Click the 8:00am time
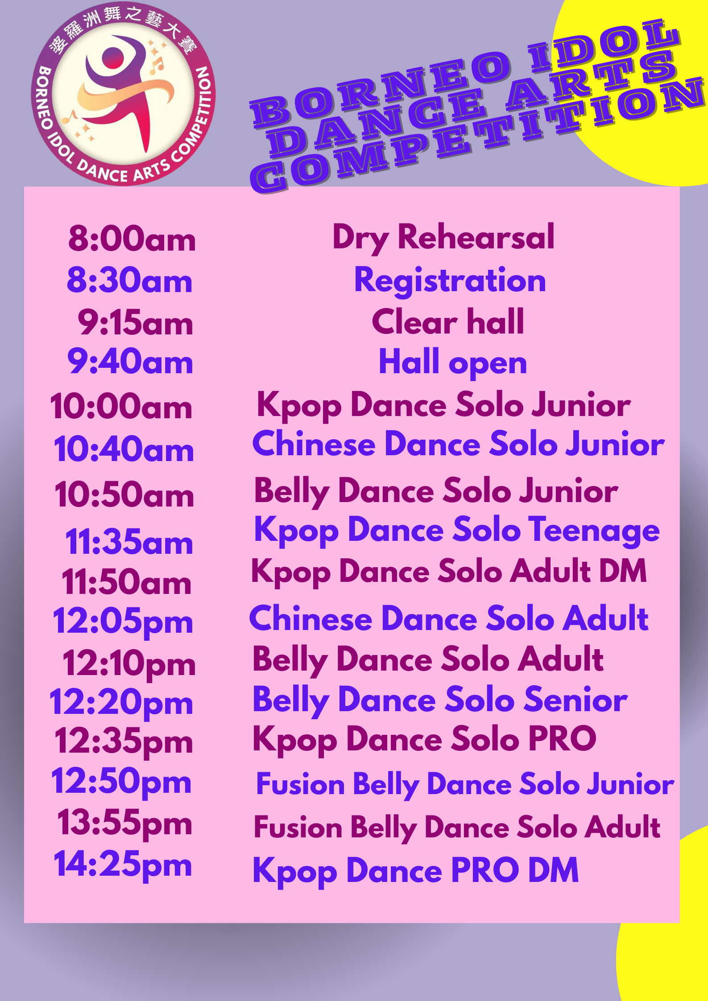coord(132,238)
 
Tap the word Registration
coord(450,281)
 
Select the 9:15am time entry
coord(136,322)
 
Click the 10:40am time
coord(124,449)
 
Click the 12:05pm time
coord(123,621)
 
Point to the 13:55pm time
coord(125,823)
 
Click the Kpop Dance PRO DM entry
coord(415,871)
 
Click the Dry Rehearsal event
coord(443,238)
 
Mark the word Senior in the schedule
coord(576,700)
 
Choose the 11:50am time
coord(127,581)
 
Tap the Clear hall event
coord(448,321)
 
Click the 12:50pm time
coord(121,781)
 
